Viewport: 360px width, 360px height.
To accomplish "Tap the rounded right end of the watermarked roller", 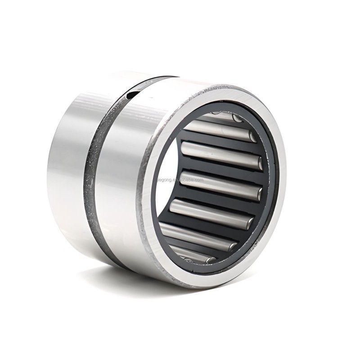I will tap(259, 193).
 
